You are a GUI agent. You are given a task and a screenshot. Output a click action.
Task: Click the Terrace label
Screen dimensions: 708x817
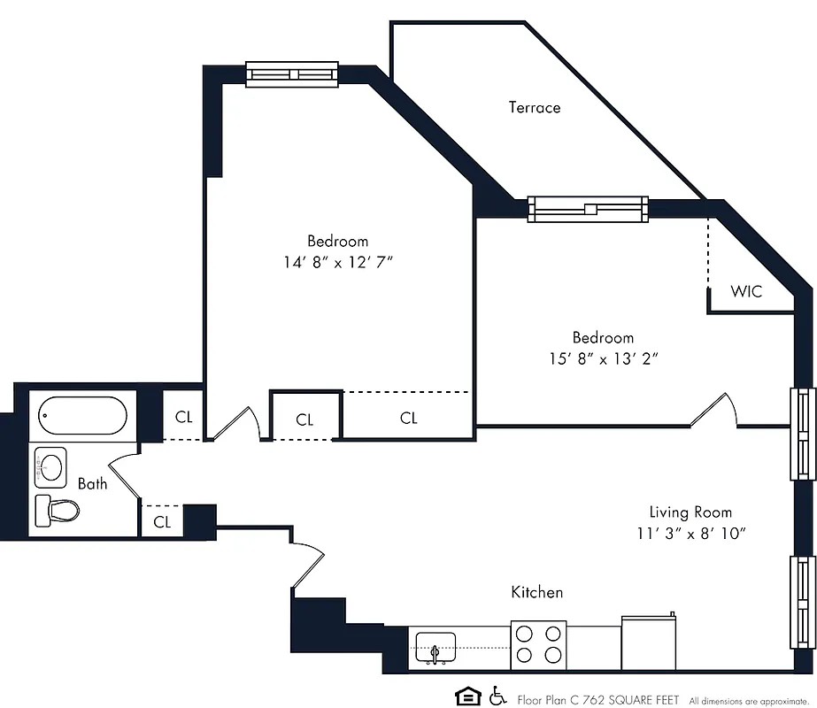click(534, 108)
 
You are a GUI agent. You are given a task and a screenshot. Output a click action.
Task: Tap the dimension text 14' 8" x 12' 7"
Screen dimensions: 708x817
click(337, 262)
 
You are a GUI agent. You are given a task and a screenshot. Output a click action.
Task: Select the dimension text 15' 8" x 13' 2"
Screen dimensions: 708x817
click(603, 358)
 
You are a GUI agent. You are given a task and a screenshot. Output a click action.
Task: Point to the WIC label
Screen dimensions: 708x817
click(745, 292)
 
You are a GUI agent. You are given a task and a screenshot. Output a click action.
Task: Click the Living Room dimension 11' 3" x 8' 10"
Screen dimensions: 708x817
click(691, 533)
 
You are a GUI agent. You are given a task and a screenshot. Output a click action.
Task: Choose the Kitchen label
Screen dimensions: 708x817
click(537, 592)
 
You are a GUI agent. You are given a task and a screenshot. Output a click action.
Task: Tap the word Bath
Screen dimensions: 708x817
click(92, 483)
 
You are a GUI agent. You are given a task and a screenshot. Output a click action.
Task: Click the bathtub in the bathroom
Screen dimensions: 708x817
click(83, 415)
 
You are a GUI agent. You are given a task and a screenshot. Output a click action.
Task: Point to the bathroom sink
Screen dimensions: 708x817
click(52, 466)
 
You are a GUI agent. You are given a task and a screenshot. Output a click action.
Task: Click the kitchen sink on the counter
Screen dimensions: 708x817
click(434, 647)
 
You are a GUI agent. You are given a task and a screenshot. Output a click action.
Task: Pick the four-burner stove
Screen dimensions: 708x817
click(538, 644)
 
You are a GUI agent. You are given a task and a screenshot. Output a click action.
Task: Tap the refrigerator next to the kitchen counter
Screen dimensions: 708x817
click(649, 643)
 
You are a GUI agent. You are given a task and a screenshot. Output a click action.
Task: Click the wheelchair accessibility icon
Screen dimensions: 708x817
click(497, 696)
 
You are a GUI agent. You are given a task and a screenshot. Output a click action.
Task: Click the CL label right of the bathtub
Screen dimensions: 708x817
click(183, 418)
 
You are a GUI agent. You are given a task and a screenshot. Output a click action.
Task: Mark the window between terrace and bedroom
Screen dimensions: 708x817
click(588, 209)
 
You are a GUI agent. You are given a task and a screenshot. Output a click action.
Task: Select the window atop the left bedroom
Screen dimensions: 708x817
click(292, 74)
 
